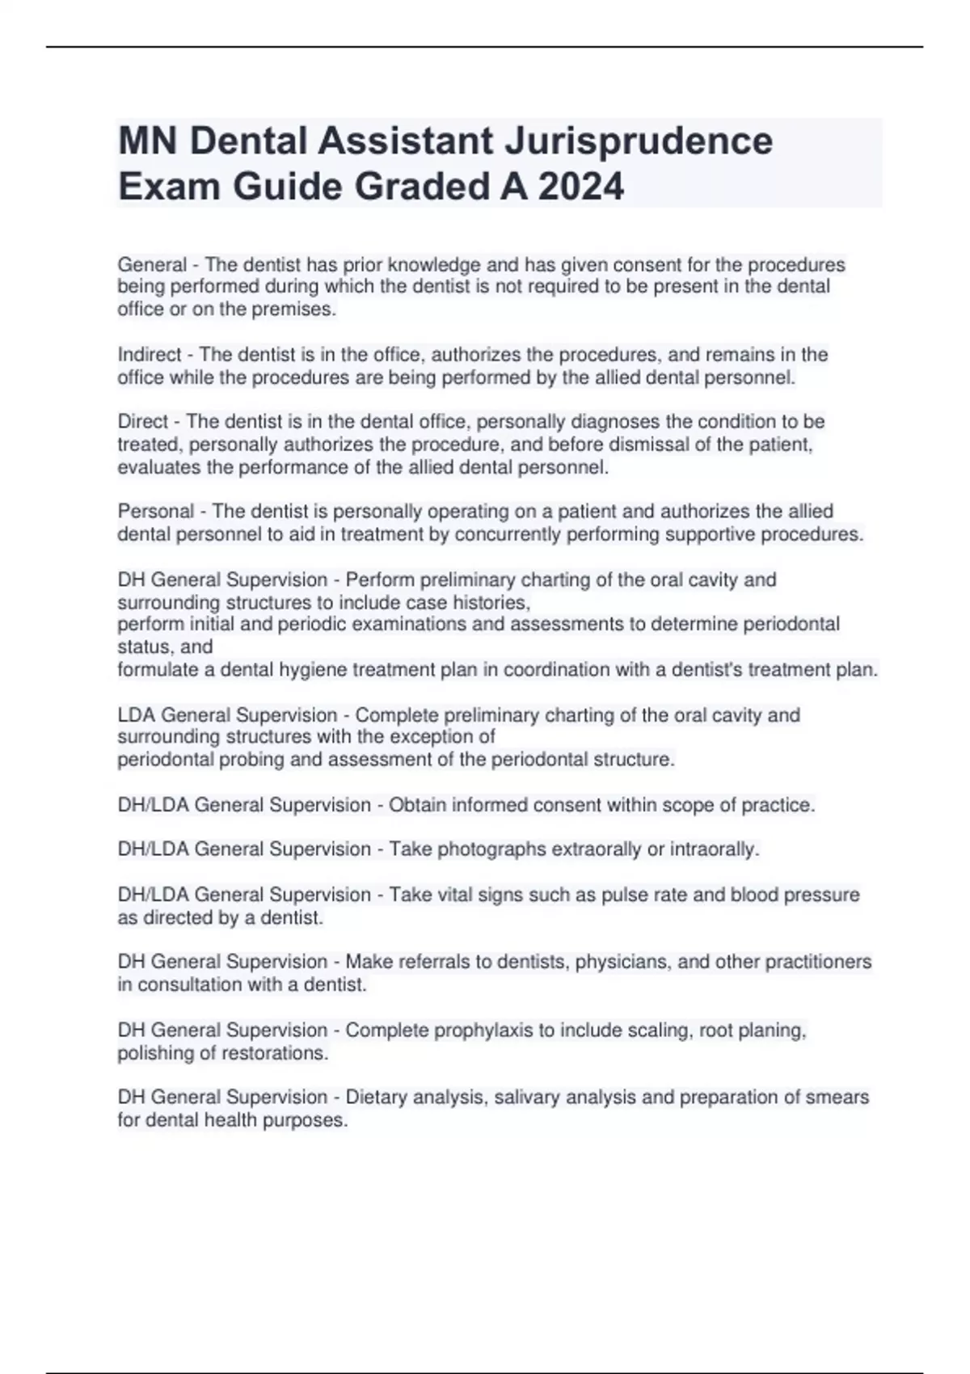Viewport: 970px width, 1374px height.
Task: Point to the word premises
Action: click(x=297, y=310)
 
